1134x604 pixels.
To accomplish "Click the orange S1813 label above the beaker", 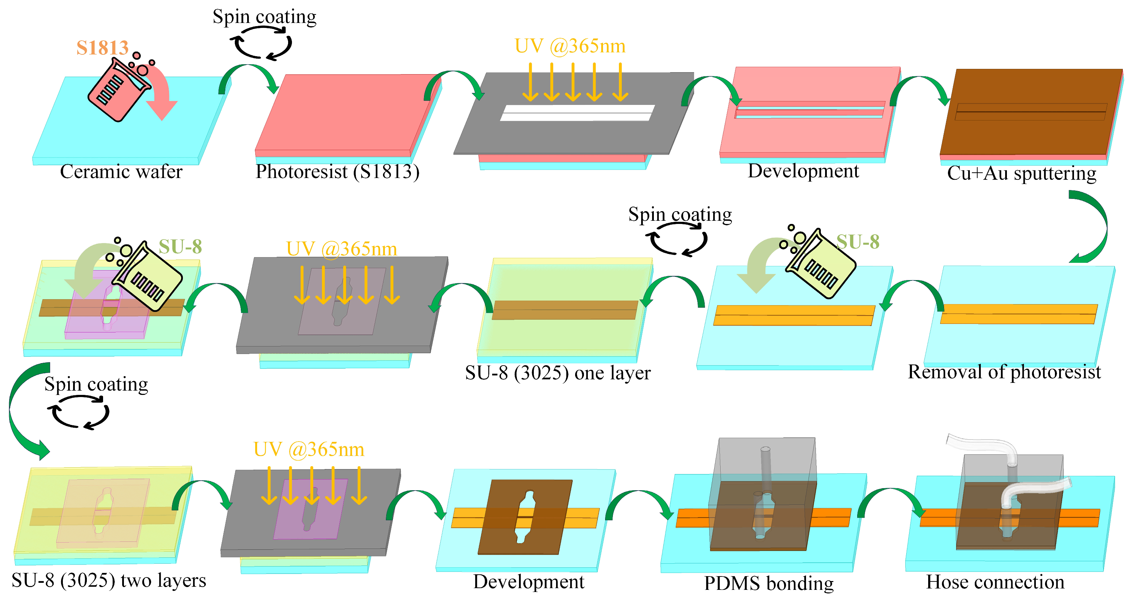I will point(102,48).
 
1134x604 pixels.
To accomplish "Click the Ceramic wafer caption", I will point(121,171).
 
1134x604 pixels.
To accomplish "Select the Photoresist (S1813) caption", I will point(337,171).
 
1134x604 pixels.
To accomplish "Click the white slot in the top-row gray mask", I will point(577,113).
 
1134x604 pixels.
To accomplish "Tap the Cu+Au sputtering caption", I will point(1021,173).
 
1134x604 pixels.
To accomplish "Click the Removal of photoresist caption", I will point(1004,372).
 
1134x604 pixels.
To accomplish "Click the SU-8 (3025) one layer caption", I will point(557,373).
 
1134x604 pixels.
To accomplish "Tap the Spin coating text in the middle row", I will point(680,214).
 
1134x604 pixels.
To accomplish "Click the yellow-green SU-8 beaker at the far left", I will point(150,276).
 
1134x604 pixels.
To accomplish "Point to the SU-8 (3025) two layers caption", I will point(109,580).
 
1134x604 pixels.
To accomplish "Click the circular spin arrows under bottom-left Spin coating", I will point(78,412).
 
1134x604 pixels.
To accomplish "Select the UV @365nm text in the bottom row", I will point(309,449).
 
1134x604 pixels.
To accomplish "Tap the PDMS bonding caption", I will point(769,583).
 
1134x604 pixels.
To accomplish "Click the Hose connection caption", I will point(995,581).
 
